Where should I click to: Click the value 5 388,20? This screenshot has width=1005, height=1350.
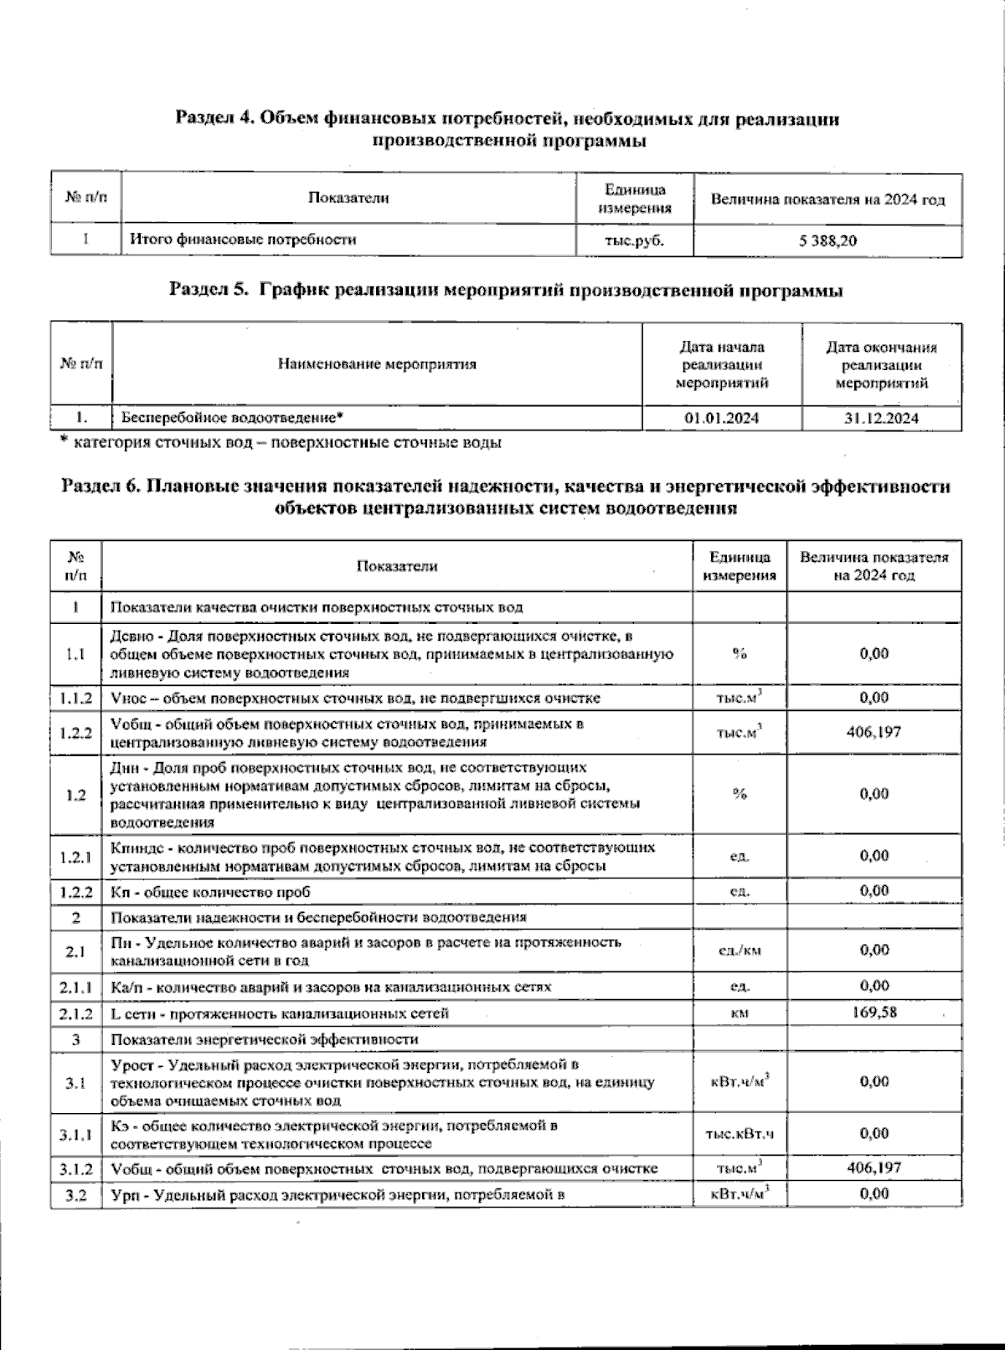(827, 240)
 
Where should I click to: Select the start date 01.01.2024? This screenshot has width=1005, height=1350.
(721, 418)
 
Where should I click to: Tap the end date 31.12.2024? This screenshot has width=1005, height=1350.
(881, 418)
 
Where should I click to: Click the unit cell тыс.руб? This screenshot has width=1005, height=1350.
(634, 240)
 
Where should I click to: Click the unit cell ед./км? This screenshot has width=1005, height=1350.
(740, 951)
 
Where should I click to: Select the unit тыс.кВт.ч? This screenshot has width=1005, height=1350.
(740, 1135)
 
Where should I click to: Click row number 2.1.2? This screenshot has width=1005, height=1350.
(75, 1013)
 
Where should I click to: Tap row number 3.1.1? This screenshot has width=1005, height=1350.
(75, 1135)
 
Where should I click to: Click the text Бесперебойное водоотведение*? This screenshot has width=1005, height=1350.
(233, 417)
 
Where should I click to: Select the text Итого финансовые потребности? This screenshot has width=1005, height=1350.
(242, 240)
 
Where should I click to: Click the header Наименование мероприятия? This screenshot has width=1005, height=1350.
(377, 364)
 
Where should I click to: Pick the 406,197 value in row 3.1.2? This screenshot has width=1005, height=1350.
(874, 1167)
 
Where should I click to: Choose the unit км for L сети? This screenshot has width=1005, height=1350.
(740, 1013)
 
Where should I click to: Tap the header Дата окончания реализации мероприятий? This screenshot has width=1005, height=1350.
(881, 365)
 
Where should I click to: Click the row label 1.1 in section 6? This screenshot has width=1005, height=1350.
(75, 654)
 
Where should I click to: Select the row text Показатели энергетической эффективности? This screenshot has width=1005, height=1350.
(265, 1039)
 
